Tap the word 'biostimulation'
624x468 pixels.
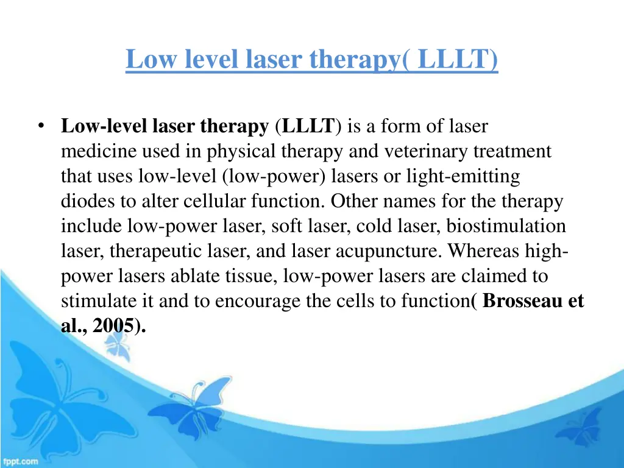click(x=506, y=227)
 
